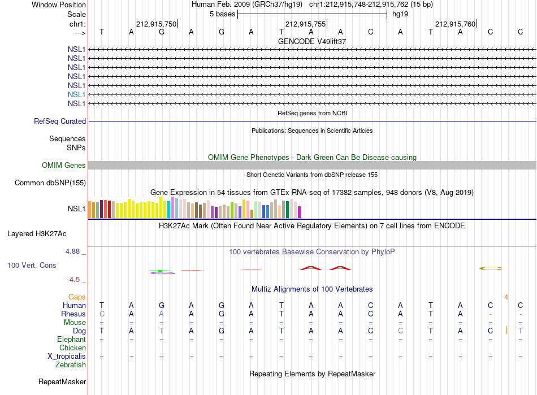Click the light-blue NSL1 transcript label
pos(76,94)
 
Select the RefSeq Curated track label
pos(60,121)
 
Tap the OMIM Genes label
pos(64,166)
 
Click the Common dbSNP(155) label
pos(50,183)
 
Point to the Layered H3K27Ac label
pos(37,234)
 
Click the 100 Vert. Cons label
pos(32,265)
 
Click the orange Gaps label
pos(77,297)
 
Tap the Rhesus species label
pos(73,314)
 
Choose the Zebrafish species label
pos(71,365)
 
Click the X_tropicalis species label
pos(67,357)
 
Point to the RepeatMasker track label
pos(62,381)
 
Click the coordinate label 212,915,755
pos(305,24)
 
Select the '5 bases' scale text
pos(223,14)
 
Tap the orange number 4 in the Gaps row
pos(506,297)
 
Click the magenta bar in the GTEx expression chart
pos(300,212)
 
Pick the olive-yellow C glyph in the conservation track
pos(491,268)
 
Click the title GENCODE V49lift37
pos(312,41)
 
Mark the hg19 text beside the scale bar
pos(400,14)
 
